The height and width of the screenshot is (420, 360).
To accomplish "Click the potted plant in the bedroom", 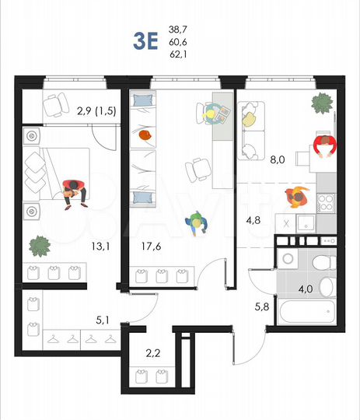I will pos(39,248).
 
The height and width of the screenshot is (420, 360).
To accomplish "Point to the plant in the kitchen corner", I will pos(320,102).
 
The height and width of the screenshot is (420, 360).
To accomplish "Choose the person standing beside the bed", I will pos(73,191).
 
